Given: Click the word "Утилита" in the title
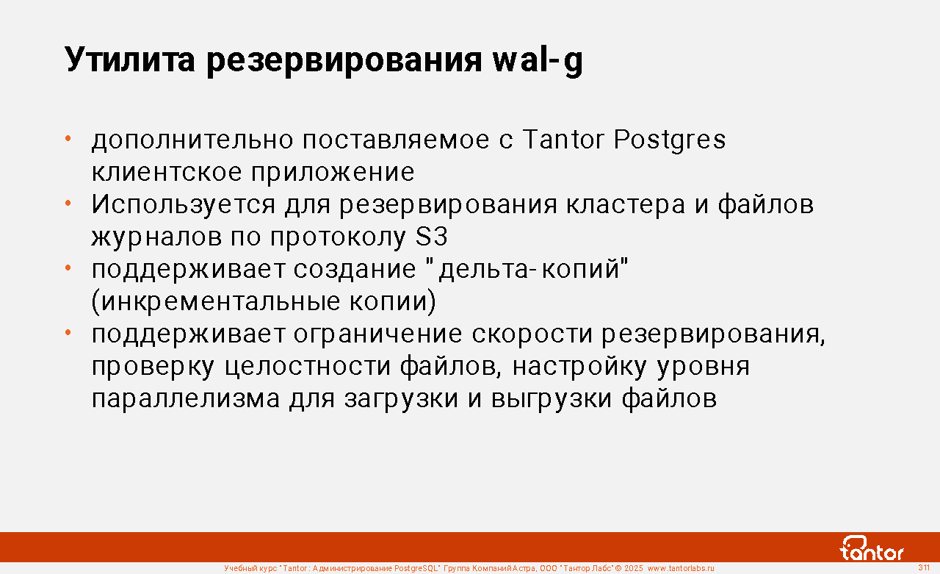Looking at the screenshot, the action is coord(130,60).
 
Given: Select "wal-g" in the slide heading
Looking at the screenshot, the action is coord(538,61).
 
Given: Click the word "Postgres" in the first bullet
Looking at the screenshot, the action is coord(670,140).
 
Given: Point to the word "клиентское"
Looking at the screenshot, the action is coord(167,172).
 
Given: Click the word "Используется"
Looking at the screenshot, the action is coord(184,205).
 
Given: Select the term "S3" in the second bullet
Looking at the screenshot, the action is coord(432,237).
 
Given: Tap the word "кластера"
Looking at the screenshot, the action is coord(626,205).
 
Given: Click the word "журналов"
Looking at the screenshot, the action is coord(156,237).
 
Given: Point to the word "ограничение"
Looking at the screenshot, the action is coord(377,334).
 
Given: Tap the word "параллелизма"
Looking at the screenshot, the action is coord(186,399).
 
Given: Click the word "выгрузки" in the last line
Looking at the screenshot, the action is coord(552,400).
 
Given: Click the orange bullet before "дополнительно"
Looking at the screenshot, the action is coord(68,138).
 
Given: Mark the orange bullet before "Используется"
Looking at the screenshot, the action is coord(68,204).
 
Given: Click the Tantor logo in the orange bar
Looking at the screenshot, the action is coord(871,548).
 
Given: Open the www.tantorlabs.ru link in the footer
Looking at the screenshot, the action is coord(681,569).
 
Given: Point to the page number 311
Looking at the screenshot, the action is coord(924,567).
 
